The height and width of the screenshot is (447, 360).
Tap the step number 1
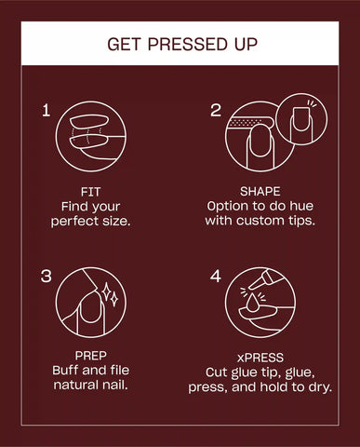[x=46, y=111]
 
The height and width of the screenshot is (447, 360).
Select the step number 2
[x=216, y=111]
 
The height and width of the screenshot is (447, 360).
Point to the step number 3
[x=47, y=276]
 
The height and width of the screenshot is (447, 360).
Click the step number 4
[x=216, y=276]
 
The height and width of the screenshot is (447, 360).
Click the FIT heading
[x=90, y=192]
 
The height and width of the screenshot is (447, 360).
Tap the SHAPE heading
[x=260, y=192]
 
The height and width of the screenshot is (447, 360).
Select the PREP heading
[x=90, y=356]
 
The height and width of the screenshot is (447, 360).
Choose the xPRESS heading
[x=260, y=358]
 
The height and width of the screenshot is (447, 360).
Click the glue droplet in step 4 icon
[x=253, y=303]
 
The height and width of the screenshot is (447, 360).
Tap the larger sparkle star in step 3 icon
[x=106, y=291]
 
